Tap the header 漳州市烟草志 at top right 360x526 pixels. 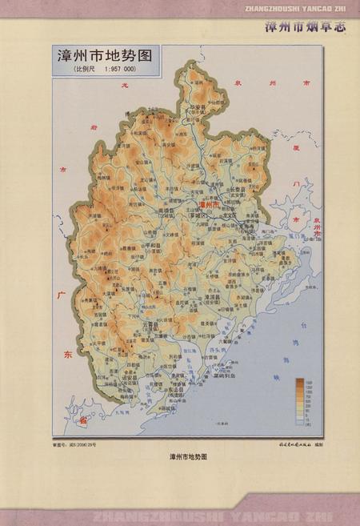(x=308, y=26)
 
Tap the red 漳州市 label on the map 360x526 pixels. (x=210, y=205)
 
